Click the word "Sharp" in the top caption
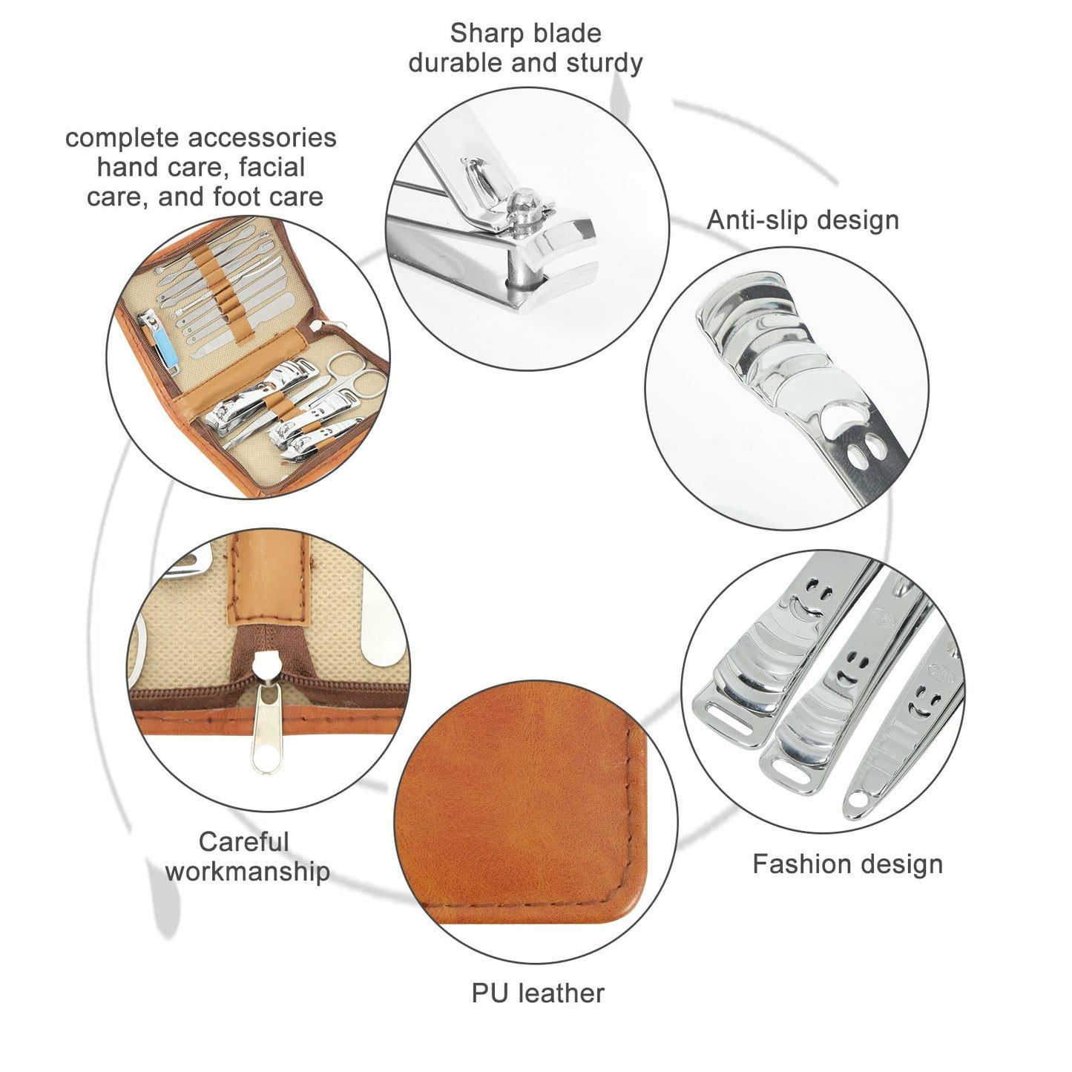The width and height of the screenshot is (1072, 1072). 481,34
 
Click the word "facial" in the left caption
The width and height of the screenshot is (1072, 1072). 272,167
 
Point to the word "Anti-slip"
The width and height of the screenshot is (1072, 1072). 755,221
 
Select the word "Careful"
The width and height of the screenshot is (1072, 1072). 243,842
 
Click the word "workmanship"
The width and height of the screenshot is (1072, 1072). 248,872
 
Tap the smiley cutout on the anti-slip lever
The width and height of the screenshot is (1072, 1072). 855,432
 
